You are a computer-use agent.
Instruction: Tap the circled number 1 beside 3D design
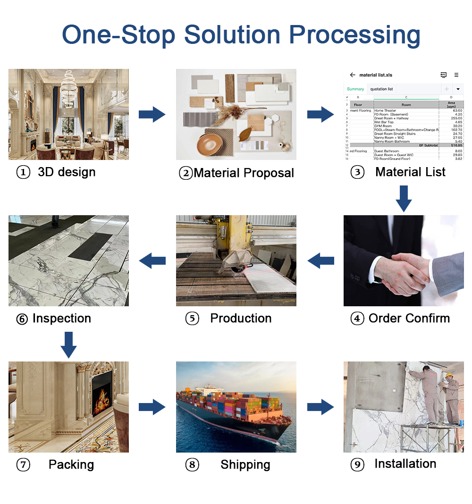(x=23, y=173)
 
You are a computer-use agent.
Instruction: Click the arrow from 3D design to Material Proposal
(x=152, y=114)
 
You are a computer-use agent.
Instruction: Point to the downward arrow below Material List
(x=404, y=198)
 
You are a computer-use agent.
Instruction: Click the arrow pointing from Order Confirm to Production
(x=320, y=260)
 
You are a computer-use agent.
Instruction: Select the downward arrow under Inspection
(x=68, y=344)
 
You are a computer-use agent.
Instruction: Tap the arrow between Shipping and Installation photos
(x=320, y=407)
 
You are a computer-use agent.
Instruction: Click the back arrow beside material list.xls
(x=352, y=75)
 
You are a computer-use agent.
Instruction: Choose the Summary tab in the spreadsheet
(x=355, y=89)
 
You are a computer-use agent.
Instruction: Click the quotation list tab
(x=381, y=89)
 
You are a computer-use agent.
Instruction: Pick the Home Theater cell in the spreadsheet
(x=385, y=110)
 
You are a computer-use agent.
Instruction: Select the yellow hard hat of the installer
(x=450, y=376)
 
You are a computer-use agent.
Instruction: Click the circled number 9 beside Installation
(x=357, y=465)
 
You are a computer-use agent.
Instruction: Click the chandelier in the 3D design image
(x=70, y=87)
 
